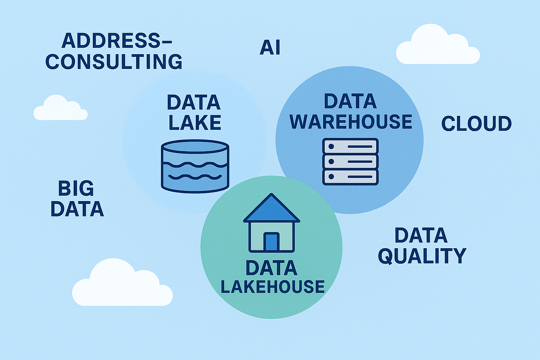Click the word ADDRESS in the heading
point(110,41)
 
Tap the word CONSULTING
point(114,62)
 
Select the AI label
point(270,48)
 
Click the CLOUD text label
point(476,124)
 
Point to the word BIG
point(76,189)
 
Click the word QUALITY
point(422,256)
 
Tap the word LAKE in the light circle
point(195,123)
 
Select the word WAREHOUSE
point(351,122)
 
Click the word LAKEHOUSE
point(272,287)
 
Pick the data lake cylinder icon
point(195,166)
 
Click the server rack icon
point(350,161)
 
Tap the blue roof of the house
point(271,210)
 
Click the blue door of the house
point(271,242)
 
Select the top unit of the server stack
point(350,146)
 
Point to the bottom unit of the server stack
point(350,177)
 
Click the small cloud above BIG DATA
point(60,109)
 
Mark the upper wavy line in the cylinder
point(195,165)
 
